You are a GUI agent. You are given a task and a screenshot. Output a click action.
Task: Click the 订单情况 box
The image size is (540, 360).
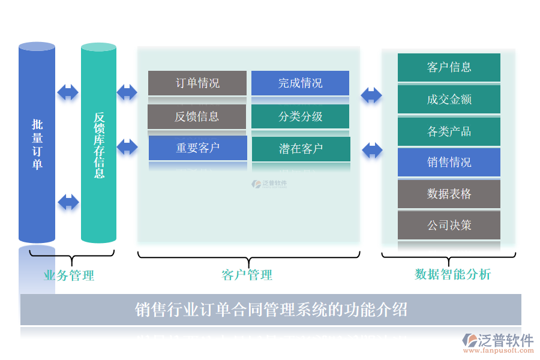click(x=197, y=83)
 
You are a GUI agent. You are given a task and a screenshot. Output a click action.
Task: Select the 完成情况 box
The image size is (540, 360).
click(x=300, y=83)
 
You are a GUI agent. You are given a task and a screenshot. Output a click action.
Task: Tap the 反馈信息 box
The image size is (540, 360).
click(x=197, y=116)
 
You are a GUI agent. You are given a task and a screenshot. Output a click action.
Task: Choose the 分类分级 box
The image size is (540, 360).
click(x=300, y=116)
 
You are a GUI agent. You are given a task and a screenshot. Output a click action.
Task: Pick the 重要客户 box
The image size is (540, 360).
click(x=197, y=148)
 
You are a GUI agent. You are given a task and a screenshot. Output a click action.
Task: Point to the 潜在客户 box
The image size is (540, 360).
click(x=301, y=149)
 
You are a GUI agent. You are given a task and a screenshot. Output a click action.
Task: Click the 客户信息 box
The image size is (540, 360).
click(x=449, y=67)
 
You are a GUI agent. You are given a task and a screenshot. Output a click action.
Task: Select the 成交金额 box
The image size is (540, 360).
click(x=449, y=99)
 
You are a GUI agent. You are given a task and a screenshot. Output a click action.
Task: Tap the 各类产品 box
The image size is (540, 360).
click(x=449, y=131)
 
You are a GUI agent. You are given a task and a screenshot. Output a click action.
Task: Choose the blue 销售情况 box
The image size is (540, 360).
click(x=449, y=163)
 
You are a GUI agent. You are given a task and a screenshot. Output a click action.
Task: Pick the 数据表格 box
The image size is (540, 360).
click(x=449, y=194)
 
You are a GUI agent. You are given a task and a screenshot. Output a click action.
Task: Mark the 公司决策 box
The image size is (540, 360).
click(x=449, y=226)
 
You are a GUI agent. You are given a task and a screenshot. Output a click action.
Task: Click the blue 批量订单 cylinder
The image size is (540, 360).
click(x=37, y=144)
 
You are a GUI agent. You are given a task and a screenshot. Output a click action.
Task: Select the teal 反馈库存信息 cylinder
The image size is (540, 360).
click(x=99, y=144)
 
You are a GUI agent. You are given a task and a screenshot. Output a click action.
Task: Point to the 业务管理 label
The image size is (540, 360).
click(x=69, y=276)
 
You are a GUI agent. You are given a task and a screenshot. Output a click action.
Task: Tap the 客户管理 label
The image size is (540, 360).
click(x=247, y=275)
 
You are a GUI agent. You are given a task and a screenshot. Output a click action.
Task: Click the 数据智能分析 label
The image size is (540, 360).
click(x=453, y=275)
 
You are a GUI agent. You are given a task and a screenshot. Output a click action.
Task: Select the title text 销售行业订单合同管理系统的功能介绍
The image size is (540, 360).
click(x=271, y=310)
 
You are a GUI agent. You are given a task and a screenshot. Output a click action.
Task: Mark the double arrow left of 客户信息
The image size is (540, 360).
click(x=371, y=95)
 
